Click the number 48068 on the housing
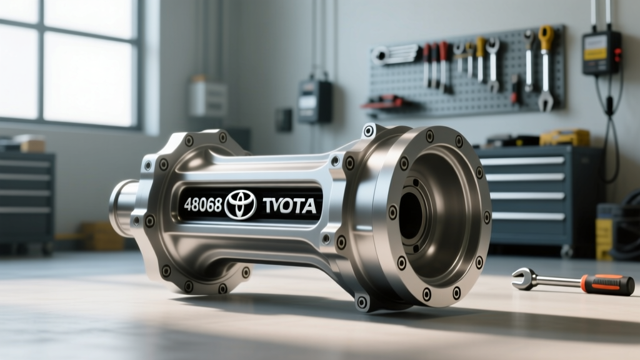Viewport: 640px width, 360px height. click(202, 204)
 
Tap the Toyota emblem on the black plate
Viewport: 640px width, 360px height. click(241, 204)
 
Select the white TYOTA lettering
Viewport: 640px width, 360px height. click(289, 206)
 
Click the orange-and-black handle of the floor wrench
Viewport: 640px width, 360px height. click(607, 284)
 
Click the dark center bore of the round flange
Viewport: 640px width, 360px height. click(411, 216)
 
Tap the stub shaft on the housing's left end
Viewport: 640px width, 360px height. click(122, 207)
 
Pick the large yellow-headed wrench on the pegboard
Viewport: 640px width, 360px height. click(545, 67)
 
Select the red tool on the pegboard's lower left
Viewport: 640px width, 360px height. click(383, 101)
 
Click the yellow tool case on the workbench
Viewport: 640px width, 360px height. click(564, 138)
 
